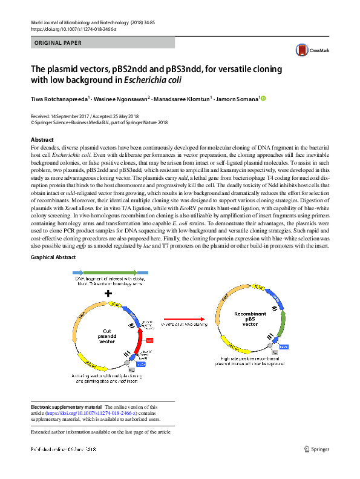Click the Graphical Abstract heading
click(53, 257)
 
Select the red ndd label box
click(149, 341)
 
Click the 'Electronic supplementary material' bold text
click(66, 407)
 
